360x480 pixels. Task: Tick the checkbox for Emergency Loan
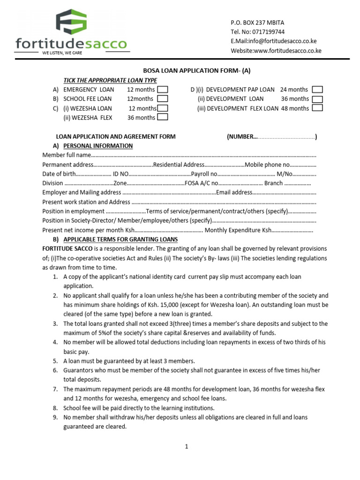tap(162, 90)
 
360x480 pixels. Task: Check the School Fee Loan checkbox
tap(162, 99)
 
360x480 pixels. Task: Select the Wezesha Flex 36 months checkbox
tap(162, 118)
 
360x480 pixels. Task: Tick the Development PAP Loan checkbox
tap(317, 90)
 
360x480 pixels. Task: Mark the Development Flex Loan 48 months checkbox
tap(317, 108)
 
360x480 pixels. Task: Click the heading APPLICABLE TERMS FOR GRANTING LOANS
tap(120, 239)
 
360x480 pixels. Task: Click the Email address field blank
tap(285, 193)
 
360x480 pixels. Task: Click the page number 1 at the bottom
tap(186, 447)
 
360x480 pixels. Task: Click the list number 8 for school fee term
tap(55, 408)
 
